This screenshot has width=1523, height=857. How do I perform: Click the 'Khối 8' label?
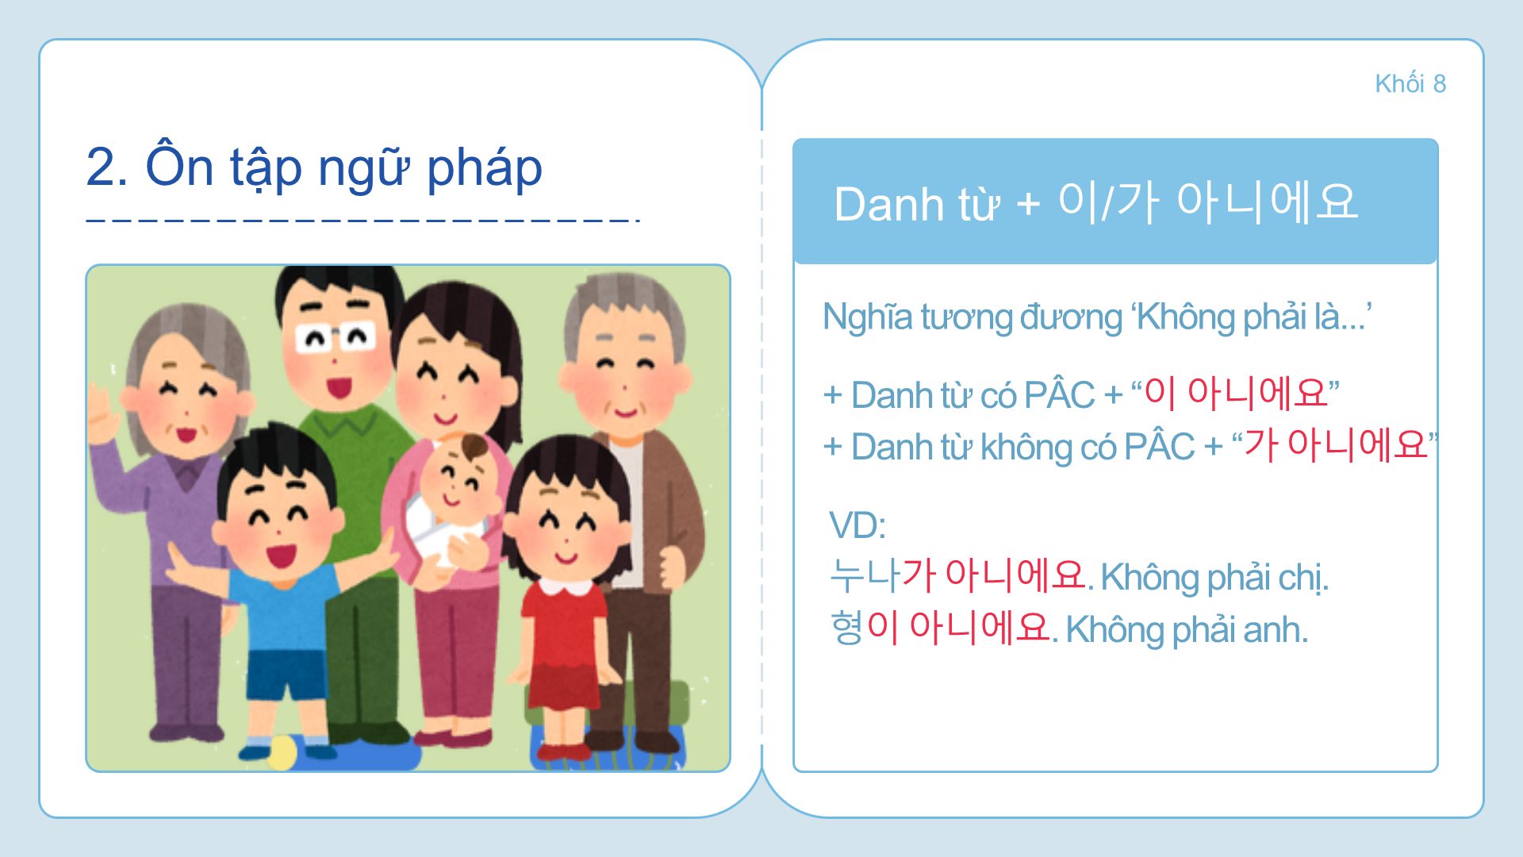point(1410,83)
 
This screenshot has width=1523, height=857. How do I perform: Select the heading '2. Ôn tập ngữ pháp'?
point(314,168)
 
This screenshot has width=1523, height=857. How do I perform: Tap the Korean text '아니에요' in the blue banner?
point(1267,202)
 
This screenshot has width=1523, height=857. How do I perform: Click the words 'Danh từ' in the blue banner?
point(917,205)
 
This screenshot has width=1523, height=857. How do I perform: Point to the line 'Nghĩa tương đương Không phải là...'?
point(1097,317)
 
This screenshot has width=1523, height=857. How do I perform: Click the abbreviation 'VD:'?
point(857,525)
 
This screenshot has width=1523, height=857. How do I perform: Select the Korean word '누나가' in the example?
point(883,575)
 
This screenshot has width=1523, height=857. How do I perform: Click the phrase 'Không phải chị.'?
point(1214,578)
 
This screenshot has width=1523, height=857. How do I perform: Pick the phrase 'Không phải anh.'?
point(1187,630)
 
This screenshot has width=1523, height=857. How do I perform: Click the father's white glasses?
point(336,337)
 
